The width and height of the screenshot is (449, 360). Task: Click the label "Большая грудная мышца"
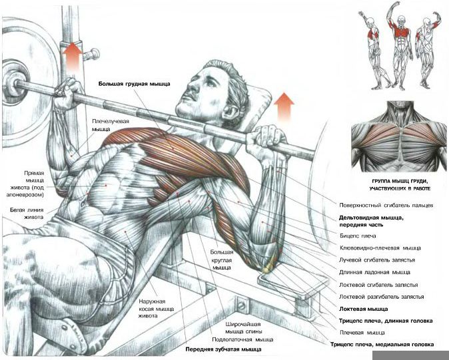(135, 84)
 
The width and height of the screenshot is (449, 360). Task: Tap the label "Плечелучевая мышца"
(110, 125)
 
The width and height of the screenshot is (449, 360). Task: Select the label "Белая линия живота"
(27, 214)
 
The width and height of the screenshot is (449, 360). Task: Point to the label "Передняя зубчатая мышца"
(223, 349)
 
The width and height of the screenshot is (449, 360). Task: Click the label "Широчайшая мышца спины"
(243, 328)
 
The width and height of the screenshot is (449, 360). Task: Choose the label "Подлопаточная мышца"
(242, 339)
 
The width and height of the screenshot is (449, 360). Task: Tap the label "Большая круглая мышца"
(222, 260)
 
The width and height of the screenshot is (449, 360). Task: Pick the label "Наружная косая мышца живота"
(157, 309)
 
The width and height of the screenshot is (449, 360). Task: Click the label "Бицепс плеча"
(358, 236)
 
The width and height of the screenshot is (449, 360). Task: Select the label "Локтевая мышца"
(363, 309)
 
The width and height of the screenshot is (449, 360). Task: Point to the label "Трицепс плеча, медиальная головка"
(382, 345)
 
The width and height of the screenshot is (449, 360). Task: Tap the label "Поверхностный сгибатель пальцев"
(386, 206)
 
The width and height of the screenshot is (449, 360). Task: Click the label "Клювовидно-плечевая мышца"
(380, 248)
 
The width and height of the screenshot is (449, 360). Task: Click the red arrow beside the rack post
(73, 56)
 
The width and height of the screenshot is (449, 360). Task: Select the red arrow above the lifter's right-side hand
(284, 106)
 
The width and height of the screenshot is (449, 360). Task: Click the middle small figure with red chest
(400, 46)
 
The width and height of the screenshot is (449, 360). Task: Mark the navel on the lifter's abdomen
(83, 204)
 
